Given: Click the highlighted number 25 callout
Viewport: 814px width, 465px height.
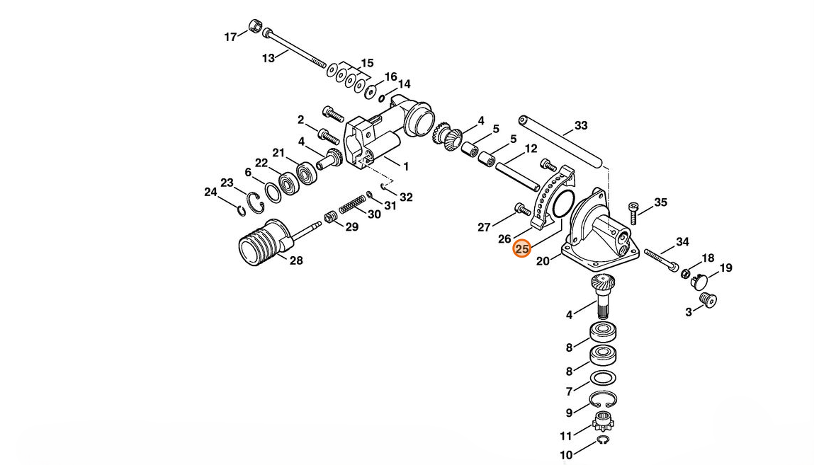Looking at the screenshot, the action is tap(521, 249).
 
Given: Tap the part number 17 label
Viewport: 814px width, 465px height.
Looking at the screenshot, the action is tap(230, 37).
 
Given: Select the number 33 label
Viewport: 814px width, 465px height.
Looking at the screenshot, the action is tap(581, 125).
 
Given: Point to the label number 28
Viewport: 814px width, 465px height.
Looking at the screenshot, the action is tap(296, 260).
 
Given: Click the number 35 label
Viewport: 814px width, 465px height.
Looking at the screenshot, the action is tap(660, 202).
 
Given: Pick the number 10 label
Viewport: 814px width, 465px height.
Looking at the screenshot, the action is tap(566, 454).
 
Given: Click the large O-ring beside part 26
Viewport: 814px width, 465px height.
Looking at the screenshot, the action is tap(563, 204).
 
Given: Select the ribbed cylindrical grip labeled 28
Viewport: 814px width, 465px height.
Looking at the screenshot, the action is tap(264, 243).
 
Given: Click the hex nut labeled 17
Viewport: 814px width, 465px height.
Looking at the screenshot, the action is tap(254, 25).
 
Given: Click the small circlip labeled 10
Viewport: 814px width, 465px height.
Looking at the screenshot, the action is tap(603, 441).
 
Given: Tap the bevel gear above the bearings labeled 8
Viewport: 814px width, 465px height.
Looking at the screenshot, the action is tap(603, 285).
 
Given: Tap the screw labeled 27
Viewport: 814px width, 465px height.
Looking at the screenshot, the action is tap(522, 209).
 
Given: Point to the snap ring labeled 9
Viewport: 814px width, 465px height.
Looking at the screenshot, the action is tap(603, 400).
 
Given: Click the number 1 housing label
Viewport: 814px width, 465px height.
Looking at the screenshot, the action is tap(406, 167).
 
